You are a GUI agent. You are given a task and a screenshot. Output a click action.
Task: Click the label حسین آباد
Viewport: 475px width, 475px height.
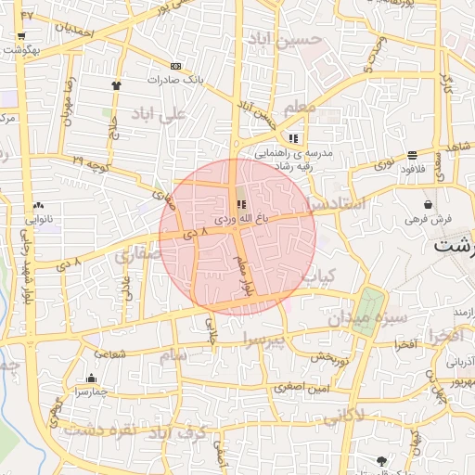coord(284,38)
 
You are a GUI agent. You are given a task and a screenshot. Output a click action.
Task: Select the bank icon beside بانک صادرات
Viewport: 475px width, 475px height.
coord(176,66)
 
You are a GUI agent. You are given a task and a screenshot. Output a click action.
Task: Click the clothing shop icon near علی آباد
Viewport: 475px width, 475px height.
coord(116,85)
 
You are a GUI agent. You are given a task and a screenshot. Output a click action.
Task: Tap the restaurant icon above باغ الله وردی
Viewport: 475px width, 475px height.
coord(242,204)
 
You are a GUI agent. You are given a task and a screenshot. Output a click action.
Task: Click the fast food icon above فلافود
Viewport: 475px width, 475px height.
coord(412,155)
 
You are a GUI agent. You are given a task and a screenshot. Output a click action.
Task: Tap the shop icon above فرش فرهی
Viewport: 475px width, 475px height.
coord(428,204)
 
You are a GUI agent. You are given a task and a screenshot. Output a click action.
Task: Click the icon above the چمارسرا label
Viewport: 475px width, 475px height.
coord(91,379)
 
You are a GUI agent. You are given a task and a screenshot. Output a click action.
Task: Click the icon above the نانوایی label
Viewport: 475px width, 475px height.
coord(38,206)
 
